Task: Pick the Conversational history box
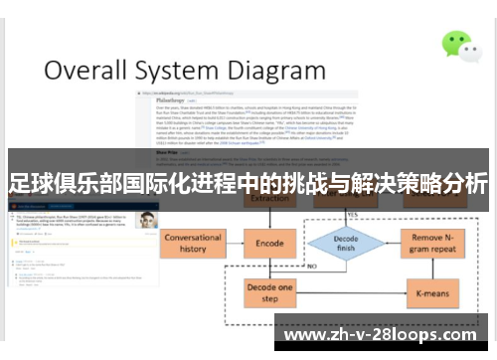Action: coord(192,245)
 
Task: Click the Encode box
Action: coord(270,243)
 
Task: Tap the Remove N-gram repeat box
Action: coord(433,245)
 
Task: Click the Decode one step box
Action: coord(269,292)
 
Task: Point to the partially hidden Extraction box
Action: coord(270,199)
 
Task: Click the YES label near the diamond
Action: coord(353,213)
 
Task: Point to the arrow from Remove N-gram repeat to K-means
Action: coord(433,268)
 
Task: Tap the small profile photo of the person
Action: coord(147,220)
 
